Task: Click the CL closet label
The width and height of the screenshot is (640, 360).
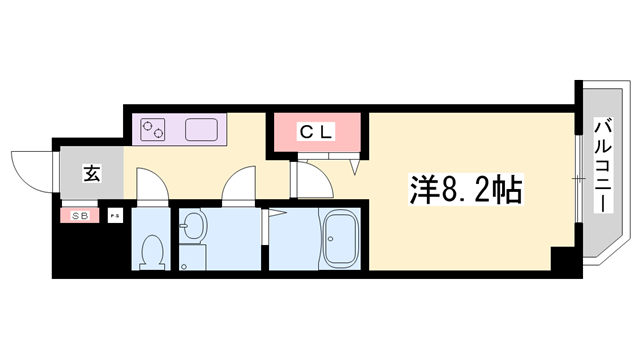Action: (319, 132)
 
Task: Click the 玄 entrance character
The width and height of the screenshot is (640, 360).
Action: (90, 176)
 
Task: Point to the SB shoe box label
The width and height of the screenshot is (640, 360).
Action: (79, 215)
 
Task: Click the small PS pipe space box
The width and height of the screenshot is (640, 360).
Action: (113, 215)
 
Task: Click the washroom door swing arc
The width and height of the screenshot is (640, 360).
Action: (241, 186)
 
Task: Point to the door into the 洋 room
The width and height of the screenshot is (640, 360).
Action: (310, 182)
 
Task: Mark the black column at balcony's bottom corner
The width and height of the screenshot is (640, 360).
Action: (565, 258)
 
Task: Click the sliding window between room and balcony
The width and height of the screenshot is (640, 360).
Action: (578, 178)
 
